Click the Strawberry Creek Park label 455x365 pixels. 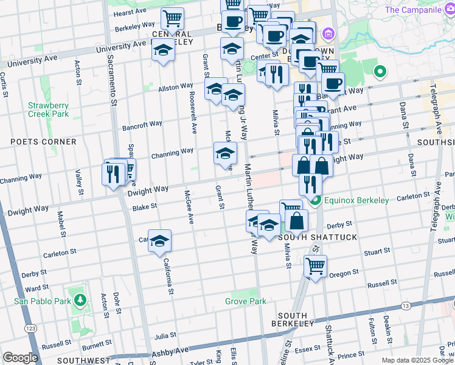click(x=48, y=109)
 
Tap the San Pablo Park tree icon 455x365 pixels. click(x=80, y=300)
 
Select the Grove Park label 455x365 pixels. click(x=245, y=301)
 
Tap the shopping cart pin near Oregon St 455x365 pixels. click(x=315, y=266)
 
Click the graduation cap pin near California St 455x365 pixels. click(x=159, y=240)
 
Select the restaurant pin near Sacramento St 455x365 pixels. click(x=114, y=173)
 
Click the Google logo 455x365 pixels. click(x=20, y=358)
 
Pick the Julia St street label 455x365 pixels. click(x=165, y=335)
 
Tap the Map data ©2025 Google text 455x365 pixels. click(x=417, y=360)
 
